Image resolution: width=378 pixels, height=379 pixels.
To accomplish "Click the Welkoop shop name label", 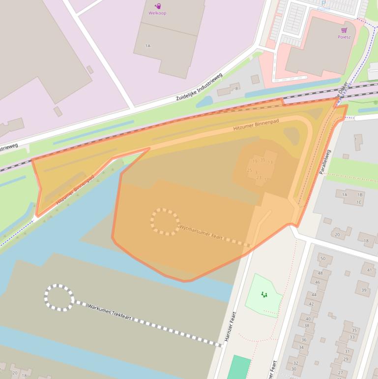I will tap(157, 13).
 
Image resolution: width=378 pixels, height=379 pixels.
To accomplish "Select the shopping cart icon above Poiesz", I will tap(344, 30).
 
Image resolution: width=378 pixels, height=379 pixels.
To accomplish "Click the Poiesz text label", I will tap(344, 37).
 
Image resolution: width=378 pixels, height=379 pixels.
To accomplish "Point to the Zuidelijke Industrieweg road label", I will tap(199, 88).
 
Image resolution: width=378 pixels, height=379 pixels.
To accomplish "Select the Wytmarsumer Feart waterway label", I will tap(201, 233).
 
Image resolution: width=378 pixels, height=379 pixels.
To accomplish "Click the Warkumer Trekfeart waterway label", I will tap(111, 314).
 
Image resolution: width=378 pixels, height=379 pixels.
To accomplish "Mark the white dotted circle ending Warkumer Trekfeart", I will tap(59, 297).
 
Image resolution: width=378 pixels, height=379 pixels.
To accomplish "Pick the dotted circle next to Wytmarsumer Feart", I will tap(165, 221).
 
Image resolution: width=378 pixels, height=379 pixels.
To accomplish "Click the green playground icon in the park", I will tap(264, 294).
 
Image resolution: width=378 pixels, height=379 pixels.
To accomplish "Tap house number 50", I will tap(323, 258).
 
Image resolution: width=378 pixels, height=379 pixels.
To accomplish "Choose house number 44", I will tap(313, 294).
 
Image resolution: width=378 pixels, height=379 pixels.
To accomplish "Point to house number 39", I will tap(364, 290).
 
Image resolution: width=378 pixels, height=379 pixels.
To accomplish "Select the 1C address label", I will tap(359, 202).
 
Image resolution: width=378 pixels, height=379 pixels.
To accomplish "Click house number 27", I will tap(340, 373).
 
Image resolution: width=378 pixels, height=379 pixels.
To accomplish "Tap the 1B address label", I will tap(360, 195).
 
